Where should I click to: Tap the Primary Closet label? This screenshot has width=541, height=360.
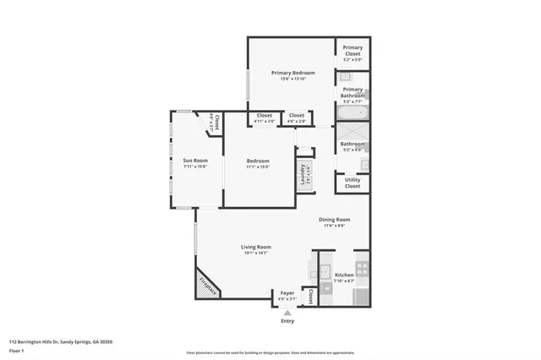coord(352,48)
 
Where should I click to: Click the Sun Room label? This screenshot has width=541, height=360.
coord(195,161)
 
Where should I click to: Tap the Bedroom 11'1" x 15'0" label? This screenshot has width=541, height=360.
coord(258,161)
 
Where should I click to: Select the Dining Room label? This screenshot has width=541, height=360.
coord(336,220)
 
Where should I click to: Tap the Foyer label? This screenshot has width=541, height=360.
coord(287,293)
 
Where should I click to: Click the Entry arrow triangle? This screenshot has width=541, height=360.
coord(287,313)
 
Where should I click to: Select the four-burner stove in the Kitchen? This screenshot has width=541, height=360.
coord(362,269)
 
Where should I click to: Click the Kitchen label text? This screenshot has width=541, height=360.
coord(344,275)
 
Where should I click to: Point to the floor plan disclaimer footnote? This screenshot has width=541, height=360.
coord(270,353)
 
